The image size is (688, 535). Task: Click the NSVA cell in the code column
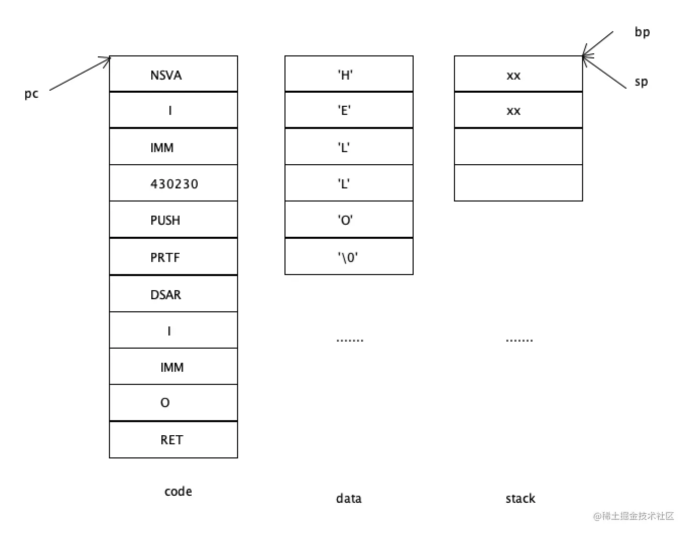(173, 75)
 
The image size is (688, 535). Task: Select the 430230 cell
(173, 183)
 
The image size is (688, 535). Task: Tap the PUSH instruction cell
(173, 220)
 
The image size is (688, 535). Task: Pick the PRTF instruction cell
(173, 257)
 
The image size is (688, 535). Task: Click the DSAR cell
(173, 294)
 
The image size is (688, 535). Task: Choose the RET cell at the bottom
(173, 440)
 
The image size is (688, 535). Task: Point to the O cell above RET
(173, 403)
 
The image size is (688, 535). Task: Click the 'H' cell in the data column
(349, 75)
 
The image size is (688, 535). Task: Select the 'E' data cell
(349, 110)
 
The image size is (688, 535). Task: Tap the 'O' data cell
(349, 220)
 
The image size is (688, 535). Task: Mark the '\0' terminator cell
(349, 257)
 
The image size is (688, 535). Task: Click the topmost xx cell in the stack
(518, 75)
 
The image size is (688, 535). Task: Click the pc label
(31, 94)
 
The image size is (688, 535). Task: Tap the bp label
(642, 32)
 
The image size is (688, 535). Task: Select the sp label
(641, 82)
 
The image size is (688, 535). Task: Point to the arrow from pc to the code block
(80, 75)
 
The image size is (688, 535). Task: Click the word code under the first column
(178, 491)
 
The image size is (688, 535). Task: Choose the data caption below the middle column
(349, 498)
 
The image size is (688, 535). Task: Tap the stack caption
(520, 498)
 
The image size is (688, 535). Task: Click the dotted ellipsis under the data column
(350, 341)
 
